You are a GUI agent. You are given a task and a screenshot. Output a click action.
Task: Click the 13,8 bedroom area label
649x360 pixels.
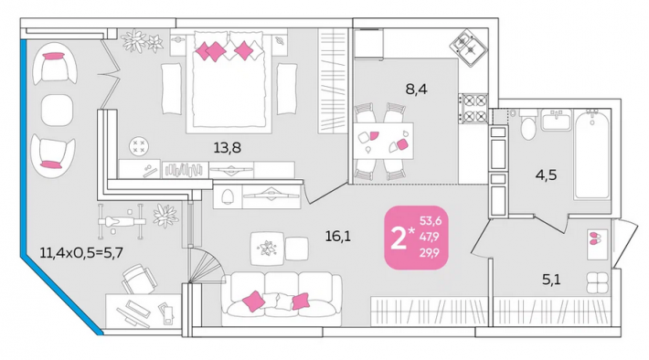pos(227,148)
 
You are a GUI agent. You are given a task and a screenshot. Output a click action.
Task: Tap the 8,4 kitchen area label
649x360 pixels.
pos(416,89)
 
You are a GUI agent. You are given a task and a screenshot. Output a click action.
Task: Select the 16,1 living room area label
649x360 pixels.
pos(337,237)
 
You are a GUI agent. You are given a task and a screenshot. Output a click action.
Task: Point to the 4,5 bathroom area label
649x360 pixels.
pos(546,175)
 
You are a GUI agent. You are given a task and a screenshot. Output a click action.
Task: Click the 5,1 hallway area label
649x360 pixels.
pos(551,280)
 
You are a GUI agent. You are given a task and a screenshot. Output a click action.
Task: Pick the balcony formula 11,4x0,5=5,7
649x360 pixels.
pos(81,252)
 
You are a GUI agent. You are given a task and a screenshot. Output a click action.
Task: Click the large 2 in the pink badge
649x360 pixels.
pos(399,238)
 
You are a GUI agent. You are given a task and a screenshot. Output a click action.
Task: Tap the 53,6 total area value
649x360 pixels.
pos(431,221)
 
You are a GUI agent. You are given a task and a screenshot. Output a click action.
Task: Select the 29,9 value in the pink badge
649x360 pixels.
pos(430,252)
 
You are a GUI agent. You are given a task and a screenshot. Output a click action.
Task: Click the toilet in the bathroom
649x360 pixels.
pos(528,125)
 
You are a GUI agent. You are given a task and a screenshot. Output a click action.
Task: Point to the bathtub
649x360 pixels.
pos(592,154)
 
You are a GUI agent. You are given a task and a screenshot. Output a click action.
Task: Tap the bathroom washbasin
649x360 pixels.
pos(557,120)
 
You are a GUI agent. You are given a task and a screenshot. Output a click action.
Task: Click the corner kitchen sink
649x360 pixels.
pos(469,47)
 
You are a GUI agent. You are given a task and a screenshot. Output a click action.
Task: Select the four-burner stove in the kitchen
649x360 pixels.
pos(474,109)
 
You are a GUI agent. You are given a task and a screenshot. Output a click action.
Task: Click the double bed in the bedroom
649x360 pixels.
pos(229,81)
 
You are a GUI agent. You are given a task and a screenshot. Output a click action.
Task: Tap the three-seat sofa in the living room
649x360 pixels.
pos(282,299)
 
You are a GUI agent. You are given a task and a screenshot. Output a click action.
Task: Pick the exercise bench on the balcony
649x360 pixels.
pos(122,221)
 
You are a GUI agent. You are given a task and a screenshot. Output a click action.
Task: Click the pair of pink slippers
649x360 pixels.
pos(596,238)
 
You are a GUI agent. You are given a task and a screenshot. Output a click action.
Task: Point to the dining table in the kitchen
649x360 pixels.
pos(383,141)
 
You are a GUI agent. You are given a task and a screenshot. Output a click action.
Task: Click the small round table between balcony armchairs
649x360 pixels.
pos(57,110)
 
